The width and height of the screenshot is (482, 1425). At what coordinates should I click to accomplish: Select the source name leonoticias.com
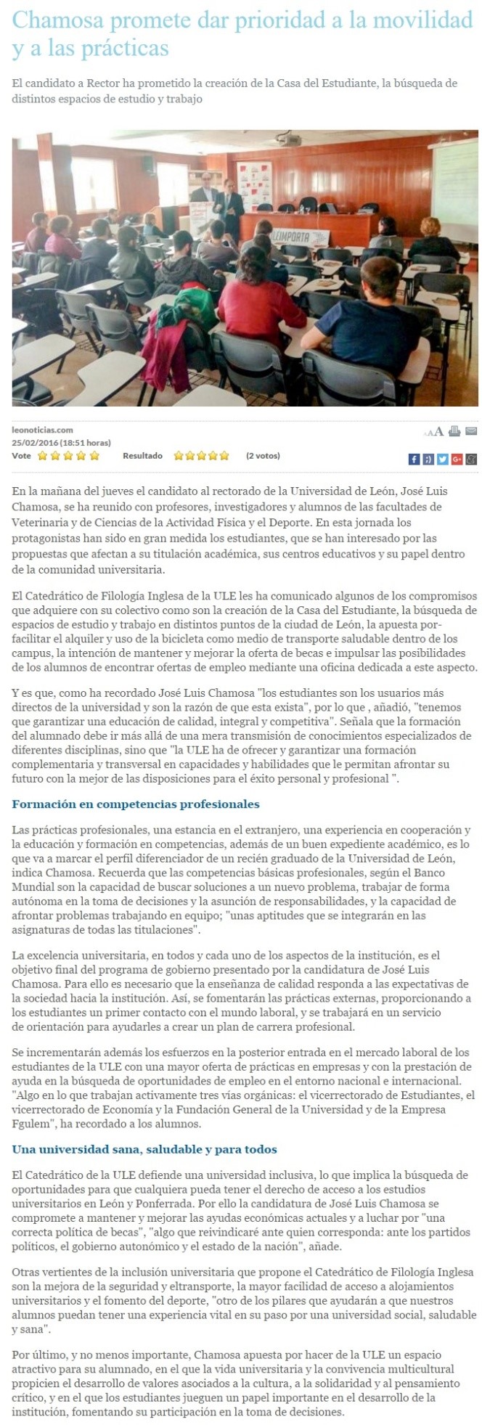coord(42,430)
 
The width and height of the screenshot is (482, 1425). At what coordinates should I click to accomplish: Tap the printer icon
coord(454,431)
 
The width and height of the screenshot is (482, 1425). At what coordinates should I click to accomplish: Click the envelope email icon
coord(471,431)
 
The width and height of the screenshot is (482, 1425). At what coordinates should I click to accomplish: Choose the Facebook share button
coord(414,459)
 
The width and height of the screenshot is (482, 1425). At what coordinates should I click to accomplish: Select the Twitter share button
coord(443,459)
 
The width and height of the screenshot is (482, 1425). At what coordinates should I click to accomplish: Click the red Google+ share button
coord(457,459)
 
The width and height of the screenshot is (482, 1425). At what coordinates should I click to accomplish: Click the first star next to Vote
coord(42,456)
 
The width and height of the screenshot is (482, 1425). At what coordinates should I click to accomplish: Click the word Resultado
coord(142,456)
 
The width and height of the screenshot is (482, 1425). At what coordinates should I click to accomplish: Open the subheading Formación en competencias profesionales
coord(136,804)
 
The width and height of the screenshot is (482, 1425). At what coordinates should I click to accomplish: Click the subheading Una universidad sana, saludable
coord(144,1149)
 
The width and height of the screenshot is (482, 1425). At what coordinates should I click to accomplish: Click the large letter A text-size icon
coord(439,432)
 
